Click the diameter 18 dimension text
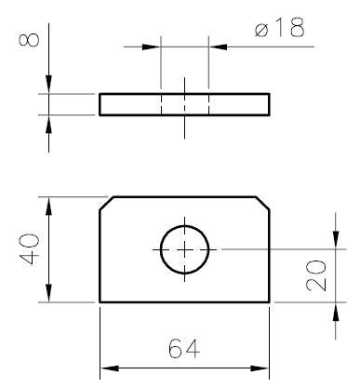(280, 27)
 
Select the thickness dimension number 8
(30, 40)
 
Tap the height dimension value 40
(30, 249)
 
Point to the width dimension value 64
(184, 348)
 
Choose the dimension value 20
(316, 276)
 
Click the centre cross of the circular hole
(184, 249)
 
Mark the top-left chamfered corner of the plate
(107, 204)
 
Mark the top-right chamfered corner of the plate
(262, 204)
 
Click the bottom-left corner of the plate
(100, 301)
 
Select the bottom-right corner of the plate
(270, 301)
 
